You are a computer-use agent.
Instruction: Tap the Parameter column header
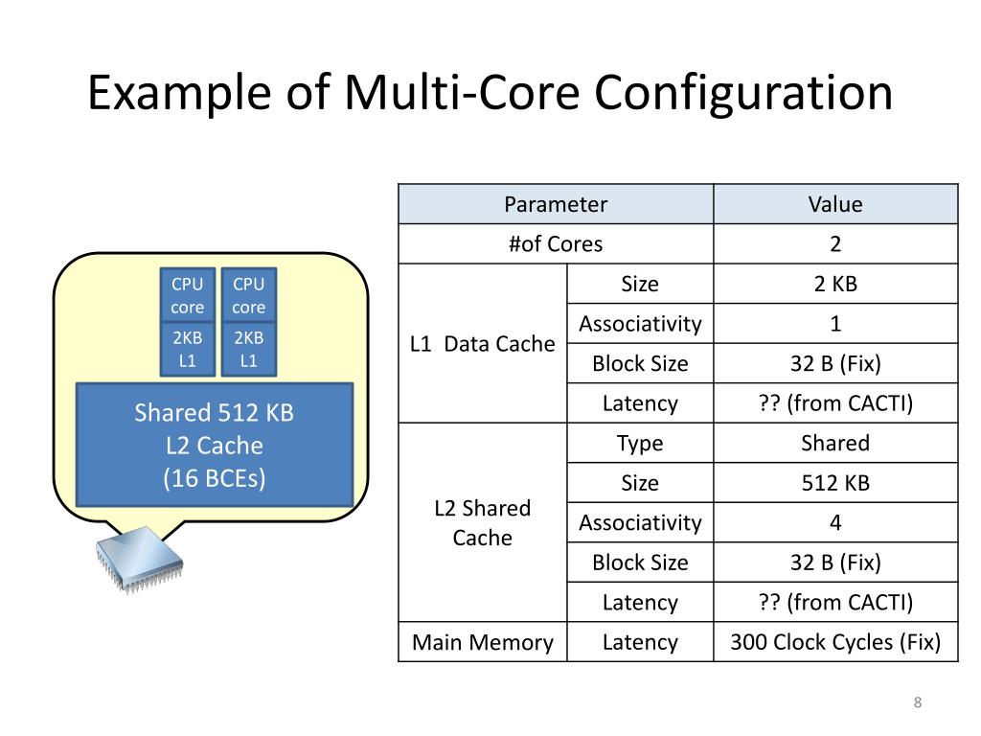coord(556,204)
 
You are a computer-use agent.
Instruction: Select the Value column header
coord(835,204)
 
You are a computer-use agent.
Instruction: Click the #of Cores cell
coord(556,243)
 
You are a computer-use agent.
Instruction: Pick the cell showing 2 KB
coord(835,284)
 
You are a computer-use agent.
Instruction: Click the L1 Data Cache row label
coord(483,343)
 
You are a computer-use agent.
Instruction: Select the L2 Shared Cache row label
coord(483,522)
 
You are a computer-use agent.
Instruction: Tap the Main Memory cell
coord(483,642)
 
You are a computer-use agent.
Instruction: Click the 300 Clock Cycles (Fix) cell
coord(835,642)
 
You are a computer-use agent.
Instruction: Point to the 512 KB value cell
coord(835,483)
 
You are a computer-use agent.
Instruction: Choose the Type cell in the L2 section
coord(640,443)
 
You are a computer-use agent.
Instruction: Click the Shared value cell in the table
coord(835,443)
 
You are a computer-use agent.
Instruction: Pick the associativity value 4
coord(835,522)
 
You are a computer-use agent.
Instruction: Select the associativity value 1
coord(835,324)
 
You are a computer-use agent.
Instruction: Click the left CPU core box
coord(188,295)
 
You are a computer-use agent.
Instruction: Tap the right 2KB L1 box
coord(249,349)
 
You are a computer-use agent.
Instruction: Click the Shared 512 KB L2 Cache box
coord(215,445)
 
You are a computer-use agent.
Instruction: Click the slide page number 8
coord(918,704)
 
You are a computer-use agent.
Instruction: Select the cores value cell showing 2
coord(835,243)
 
